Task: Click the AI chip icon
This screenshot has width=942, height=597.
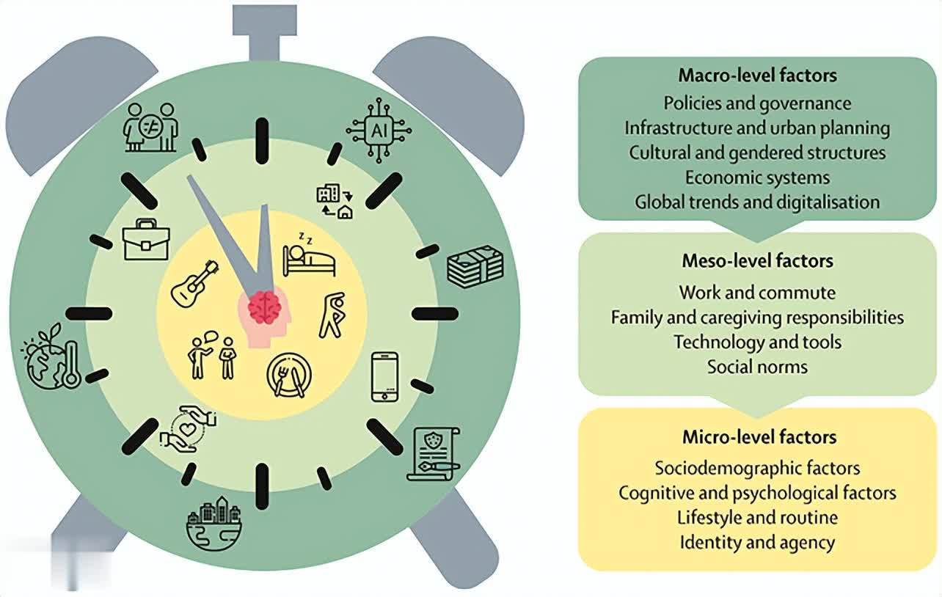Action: tap(379, 131)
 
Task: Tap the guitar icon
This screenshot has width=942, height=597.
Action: tap(195, 284)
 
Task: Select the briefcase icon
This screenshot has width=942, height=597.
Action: tap(146, 240)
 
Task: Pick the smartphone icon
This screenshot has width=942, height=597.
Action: tap(384, 377)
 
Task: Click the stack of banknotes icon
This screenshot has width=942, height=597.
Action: tap(475, 266)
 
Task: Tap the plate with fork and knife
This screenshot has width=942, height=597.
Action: tap(289, 375)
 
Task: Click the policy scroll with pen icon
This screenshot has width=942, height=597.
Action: tap(433, 454)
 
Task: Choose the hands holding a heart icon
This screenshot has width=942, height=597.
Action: tap(188, 429)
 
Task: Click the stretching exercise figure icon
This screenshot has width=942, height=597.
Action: tap(332, 315)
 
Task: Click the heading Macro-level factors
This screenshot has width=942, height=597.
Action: tap(757, 76)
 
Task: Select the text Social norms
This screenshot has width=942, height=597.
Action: tap(757, 367)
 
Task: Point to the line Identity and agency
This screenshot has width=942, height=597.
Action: tap(757, 542)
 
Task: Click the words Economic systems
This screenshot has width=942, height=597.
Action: tap(757, 177)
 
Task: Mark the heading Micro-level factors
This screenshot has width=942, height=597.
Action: tap(759, 437)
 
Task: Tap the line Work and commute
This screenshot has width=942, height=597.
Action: tap(757, 293)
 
